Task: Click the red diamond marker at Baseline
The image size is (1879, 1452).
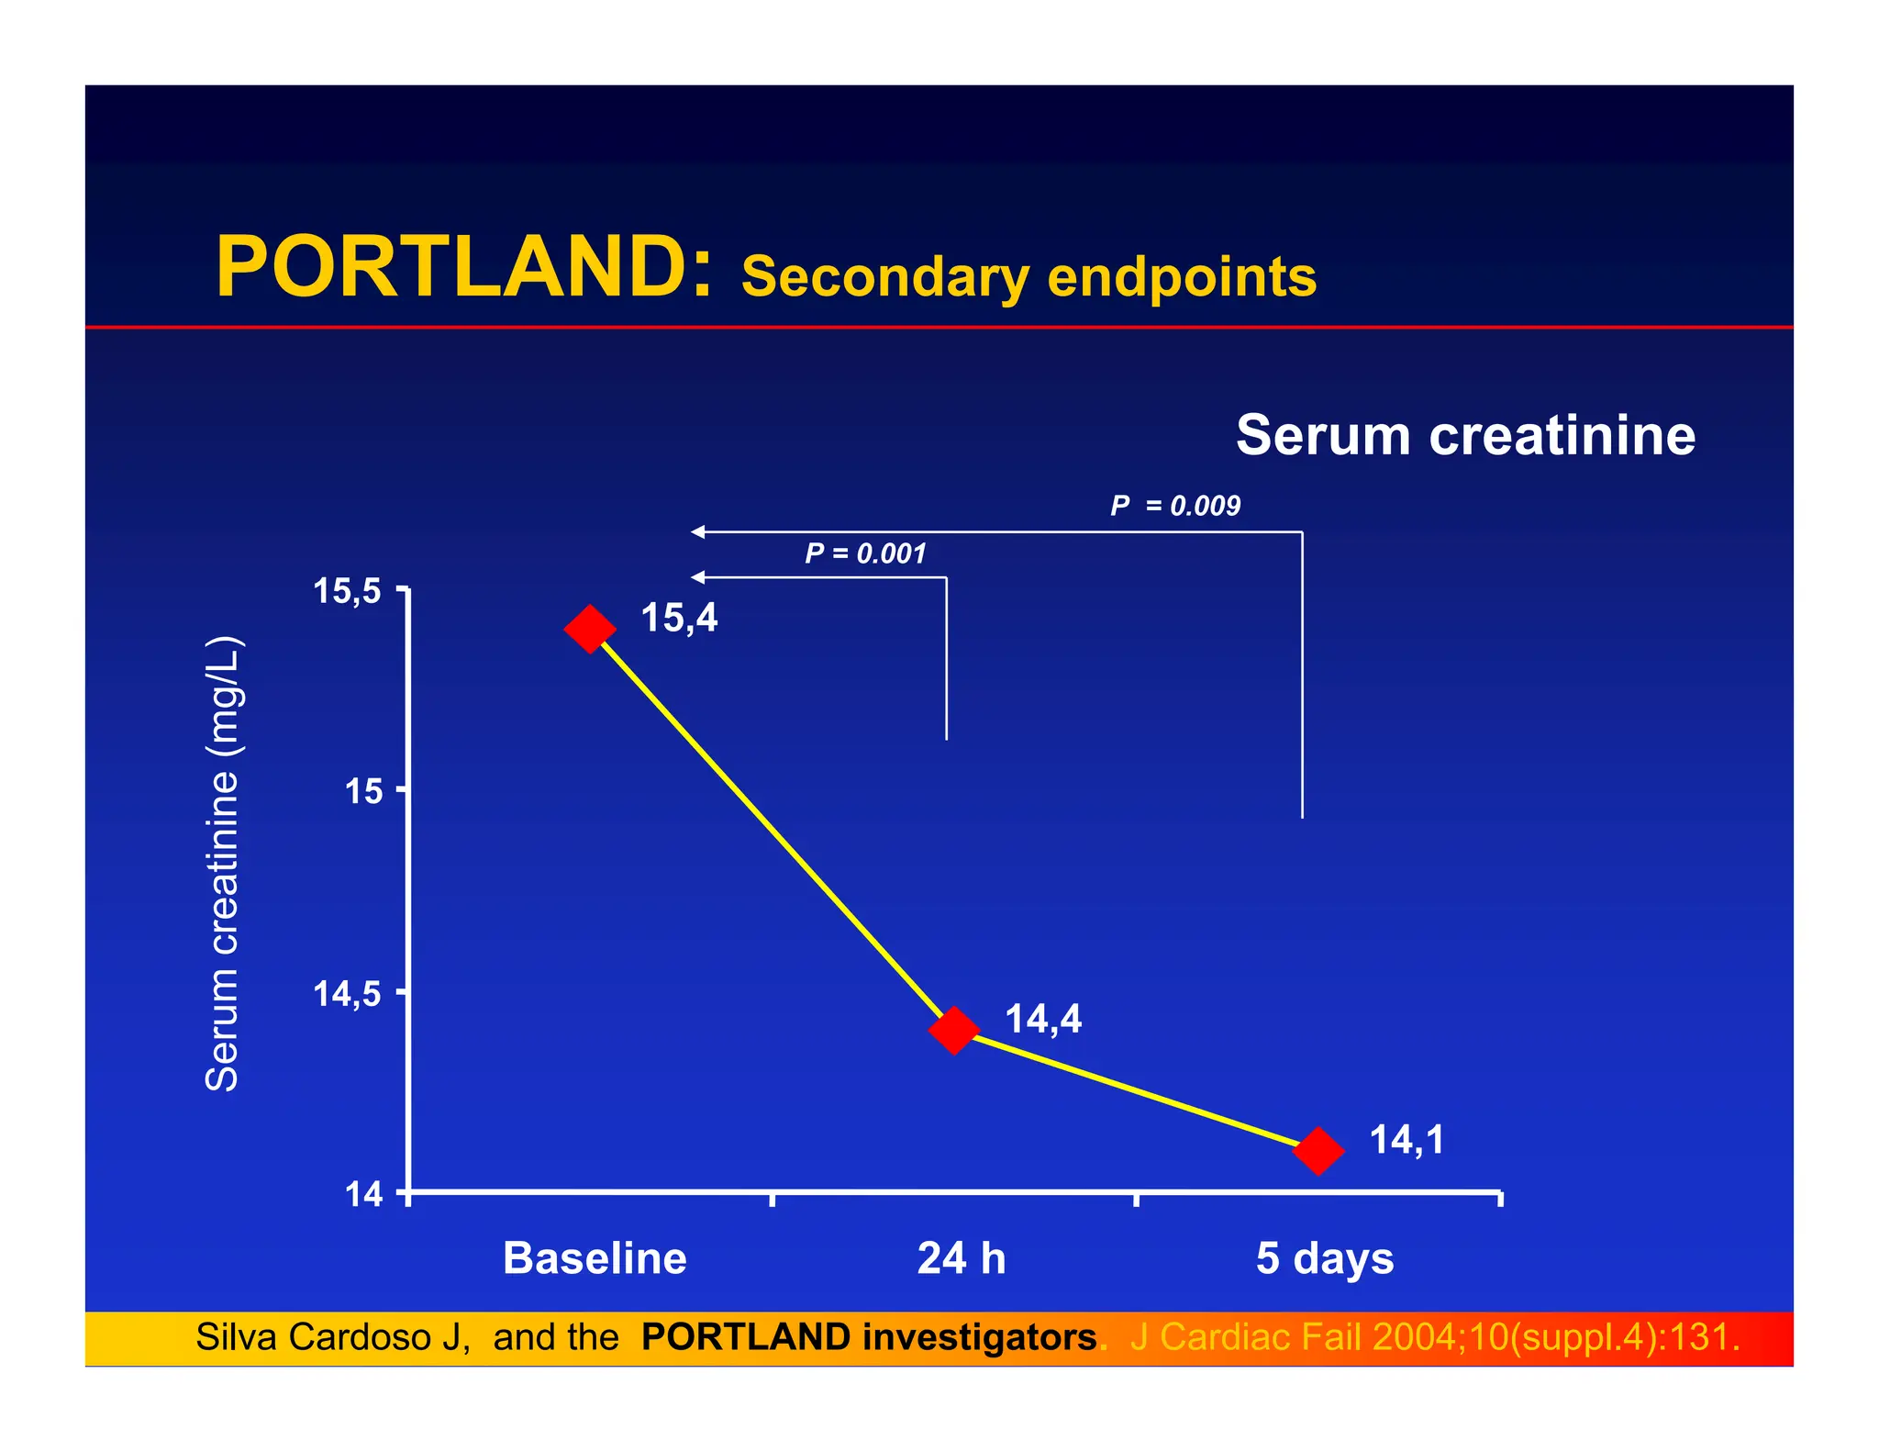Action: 589,629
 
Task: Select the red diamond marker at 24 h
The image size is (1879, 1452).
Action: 953,1030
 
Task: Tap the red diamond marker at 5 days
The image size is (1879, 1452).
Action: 1318,1150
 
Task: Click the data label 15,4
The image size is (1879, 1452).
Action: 679,618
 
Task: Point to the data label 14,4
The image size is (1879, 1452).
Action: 1043,1019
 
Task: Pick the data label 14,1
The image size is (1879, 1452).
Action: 1406,1140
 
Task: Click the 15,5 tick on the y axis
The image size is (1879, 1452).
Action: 347,590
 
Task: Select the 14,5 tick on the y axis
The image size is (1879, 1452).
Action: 347,993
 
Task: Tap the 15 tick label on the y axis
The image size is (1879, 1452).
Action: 363,790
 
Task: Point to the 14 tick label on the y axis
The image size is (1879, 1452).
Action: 363,1194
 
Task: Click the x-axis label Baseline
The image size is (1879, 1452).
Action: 595,1257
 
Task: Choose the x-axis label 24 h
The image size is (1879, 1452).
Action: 962,1257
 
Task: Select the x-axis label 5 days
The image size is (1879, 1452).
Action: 1324,1258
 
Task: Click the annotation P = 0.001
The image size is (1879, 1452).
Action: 865,553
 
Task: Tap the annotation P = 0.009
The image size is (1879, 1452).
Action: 1174,506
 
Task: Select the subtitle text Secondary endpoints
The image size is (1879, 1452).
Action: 1028,277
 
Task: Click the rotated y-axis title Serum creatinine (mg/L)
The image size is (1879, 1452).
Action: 222,863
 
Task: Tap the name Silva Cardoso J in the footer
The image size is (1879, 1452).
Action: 332,1337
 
